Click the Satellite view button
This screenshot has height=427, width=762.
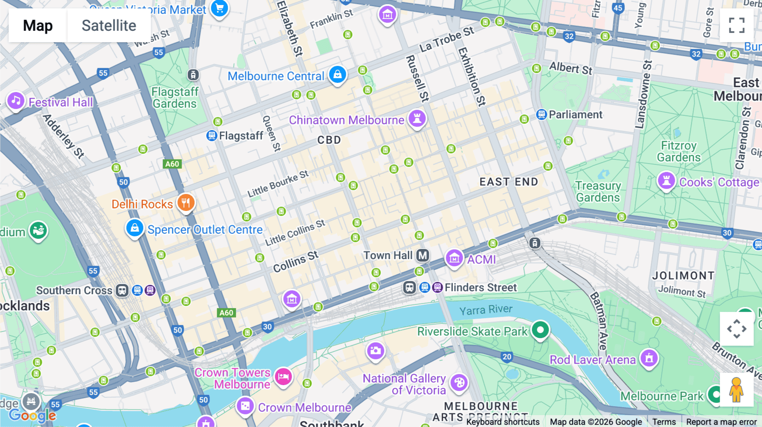tap(109, 25)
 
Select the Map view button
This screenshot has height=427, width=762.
tap(38, 25)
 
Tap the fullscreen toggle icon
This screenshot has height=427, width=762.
tap(736, 25)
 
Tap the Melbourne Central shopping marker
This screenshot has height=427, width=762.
tap(337, 75)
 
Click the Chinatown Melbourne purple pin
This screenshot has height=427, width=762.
tap(417, 118)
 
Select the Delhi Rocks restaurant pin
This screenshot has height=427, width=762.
tap(186, 203)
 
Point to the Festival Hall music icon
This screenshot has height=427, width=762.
tap(16, 101)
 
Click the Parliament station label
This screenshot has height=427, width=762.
tap(575, 115)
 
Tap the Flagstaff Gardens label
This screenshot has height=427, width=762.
tap(174, 98)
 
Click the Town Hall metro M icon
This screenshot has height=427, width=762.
tap(422, 255)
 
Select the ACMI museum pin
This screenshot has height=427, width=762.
tap(454, 257)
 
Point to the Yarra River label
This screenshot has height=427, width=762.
tap(486, 310)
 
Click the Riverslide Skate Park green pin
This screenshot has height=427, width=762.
tap(540, 330)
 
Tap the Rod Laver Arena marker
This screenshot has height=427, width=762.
tap(649, 359)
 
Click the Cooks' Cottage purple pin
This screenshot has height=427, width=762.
tap(666, 181)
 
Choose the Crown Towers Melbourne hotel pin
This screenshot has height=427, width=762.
tap(283, 376)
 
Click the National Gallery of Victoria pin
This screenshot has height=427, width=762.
tap(459, 383)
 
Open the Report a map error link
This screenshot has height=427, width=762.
tap(721, 422)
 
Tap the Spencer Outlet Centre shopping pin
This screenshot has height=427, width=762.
tap(135, 228)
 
